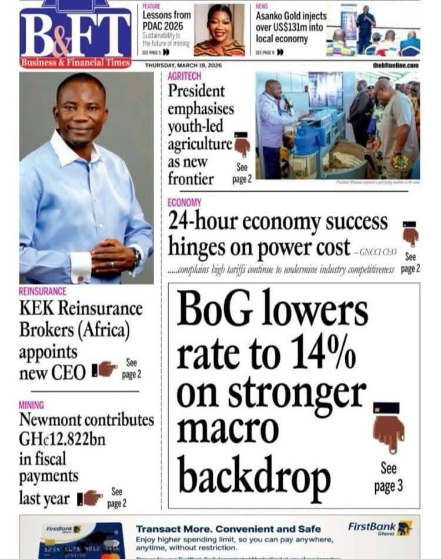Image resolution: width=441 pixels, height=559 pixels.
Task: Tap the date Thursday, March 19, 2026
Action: (x=183, y=65)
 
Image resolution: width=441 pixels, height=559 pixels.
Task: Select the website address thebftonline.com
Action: (x=395, y=65)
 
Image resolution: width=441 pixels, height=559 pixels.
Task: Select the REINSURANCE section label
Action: (x=42, y=291)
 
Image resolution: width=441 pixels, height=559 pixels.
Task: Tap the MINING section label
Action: (x=31, y=405)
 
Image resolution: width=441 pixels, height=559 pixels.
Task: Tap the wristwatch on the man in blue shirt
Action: (x=136, y=257)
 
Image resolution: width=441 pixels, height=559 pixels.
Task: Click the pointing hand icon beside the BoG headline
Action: (x=388, y=427)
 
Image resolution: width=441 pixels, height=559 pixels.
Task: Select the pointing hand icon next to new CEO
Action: (x=105, y=369)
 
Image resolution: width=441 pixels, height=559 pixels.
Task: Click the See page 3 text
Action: (x=388, y=477)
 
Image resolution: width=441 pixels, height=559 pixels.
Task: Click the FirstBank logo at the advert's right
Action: (x=380, y=527)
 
